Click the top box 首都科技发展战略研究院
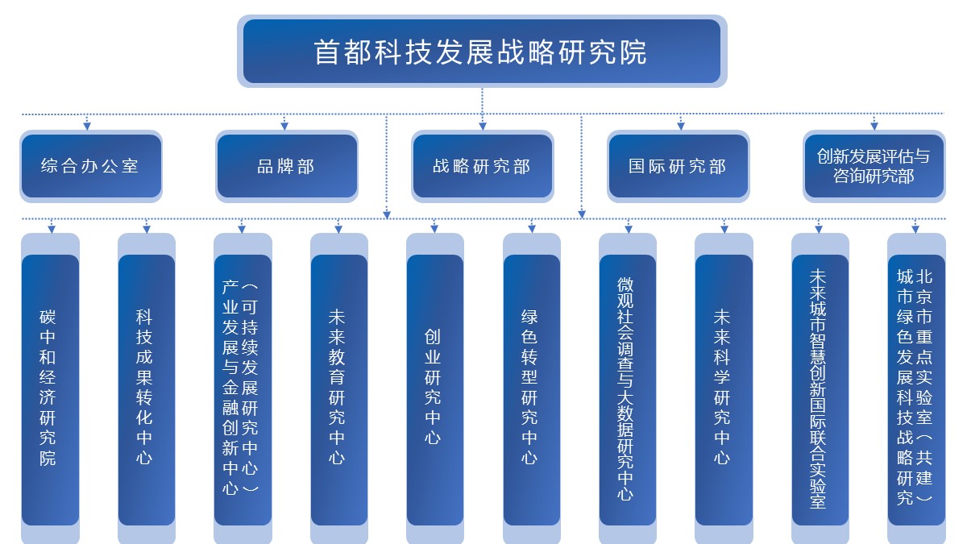482,52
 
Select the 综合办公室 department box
90,166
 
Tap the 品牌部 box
286,166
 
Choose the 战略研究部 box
482,166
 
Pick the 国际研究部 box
678,166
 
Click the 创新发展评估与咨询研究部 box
874,166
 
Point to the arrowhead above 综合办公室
87,125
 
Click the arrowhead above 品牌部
284,125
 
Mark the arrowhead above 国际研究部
681,125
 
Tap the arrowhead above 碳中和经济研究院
52,229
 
